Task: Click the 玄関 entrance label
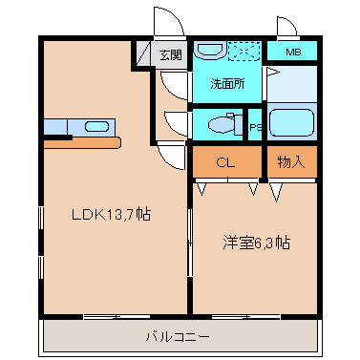click(x=171, y=54)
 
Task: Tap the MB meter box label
click(x=293, y=52)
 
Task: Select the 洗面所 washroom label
click(x=227, y=83)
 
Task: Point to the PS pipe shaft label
click(x=255, y=127)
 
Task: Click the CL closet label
click(x=225, y=162)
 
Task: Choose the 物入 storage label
click(x=291, y=162)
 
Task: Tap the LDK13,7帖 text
click(x=111, y=214)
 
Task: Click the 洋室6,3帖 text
click(x=256, y=244)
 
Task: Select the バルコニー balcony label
click(x=178, y=336)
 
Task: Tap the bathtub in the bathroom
click(x=291, y=122)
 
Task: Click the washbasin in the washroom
click(x=210, y=50)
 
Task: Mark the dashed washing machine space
click(x=244, y=51)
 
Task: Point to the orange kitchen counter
click(x=82, y=142)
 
